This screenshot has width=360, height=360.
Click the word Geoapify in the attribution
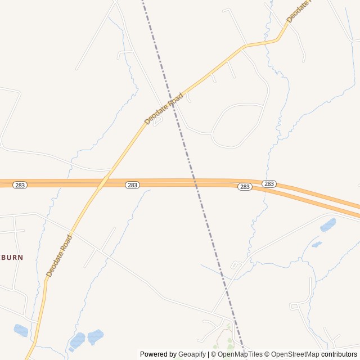click(192, 354)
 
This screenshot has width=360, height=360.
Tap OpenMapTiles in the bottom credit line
click(240, 354)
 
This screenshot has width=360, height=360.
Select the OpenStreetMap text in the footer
click(295, 354)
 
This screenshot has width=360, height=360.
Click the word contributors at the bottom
click(339, 354)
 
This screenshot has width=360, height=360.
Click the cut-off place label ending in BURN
click(12, 257)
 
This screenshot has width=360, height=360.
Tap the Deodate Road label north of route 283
click(164, 109)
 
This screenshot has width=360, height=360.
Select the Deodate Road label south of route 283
click(59, 256)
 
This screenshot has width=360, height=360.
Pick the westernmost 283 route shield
click(20, 185)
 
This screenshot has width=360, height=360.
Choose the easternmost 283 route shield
click(269, 184)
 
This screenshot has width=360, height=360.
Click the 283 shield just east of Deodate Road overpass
click(132, 185)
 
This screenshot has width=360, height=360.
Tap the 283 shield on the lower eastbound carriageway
click(244, 187)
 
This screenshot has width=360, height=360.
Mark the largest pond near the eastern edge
click(328, 225)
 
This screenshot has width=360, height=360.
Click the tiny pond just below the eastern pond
click(317, 245)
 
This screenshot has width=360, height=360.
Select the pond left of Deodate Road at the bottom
click(21, 330)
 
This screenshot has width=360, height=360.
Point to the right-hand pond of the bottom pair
click(95, 336)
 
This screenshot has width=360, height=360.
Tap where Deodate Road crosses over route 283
click(102, 183)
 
